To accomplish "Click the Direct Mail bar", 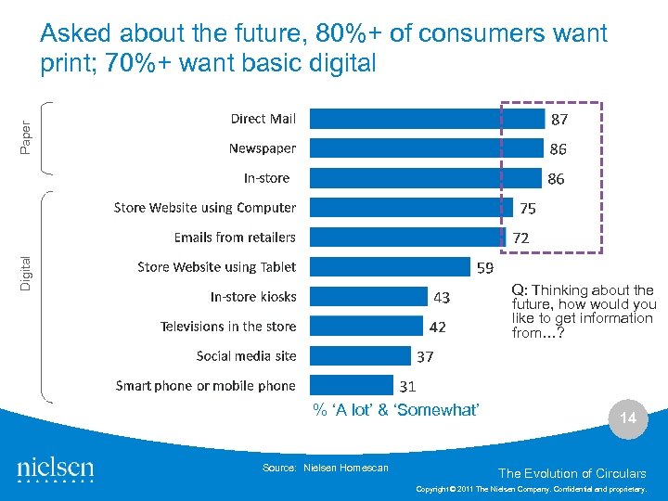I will click(427, 119).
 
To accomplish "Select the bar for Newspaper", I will click(426, 148).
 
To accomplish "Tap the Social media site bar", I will click(360, 356).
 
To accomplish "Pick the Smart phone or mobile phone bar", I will click(352, 386).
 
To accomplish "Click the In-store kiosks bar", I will click(367, 297).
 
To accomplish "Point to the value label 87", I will click(559, 120).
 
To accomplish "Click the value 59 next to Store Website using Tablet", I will click(484, 268).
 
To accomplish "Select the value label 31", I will click(407, 386).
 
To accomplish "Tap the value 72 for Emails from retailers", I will click(521, 238).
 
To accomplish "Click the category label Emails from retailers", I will click(235, 238).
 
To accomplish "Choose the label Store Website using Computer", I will click(204, 208).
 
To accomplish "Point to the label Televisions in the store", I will click(228, 327).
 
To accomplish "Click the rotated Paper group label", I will click(26, 138).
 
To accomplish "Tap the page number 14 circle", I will click(628, 418).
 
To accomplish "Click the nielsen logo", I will click(56, 469).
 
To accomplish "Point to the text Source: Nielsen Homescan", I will click(326, 468).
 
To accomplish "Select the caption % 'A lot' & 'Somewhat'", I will click(395, 410).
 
